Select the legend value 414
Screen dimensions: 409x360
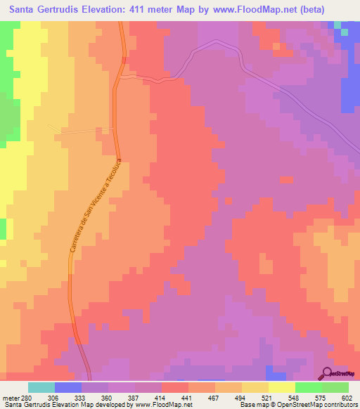pos(148,397)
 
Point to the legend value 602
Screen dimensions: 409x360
pos(346,397)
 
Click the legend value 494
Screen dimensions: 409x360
pos(227,397)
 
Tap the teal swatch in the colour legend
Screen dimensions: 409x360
pos(41,387)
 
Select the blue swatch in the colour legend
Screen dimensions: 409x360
pos(68,387)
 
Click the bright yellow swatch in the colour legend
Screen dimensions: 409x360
pos(281,387)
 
